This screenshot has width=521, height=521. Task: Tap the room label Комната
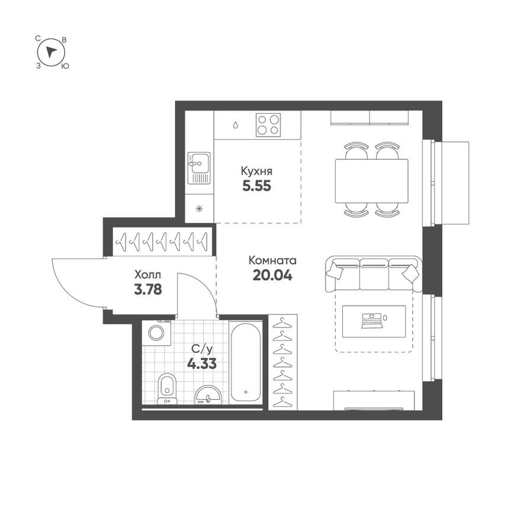(x=272, y=260)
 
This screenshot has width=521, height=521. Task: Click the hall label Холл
(x=147, y=275)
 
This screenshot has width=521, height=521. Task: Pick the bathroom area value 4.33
(x=201, y=364)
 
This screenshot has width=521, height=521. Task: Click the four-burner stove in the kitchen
(x=268, y=125)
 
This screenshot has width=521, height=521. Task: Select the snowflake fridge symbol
(x=200, y=208)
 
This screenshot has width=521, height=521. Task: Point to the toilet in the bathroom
(x=167, y=388)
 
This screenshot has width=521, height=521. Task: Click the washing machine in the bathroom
(x=158, y=333)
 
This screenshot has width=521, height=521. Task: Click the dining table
(x=371, y=180)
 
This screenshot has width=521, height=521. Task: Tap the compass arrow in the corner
(x=52, y=52)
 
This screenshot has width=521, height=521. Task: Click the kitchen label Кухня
(x=256, y=171)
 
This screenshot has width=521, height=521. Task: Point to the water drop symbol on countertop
(x=236, y=125)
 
